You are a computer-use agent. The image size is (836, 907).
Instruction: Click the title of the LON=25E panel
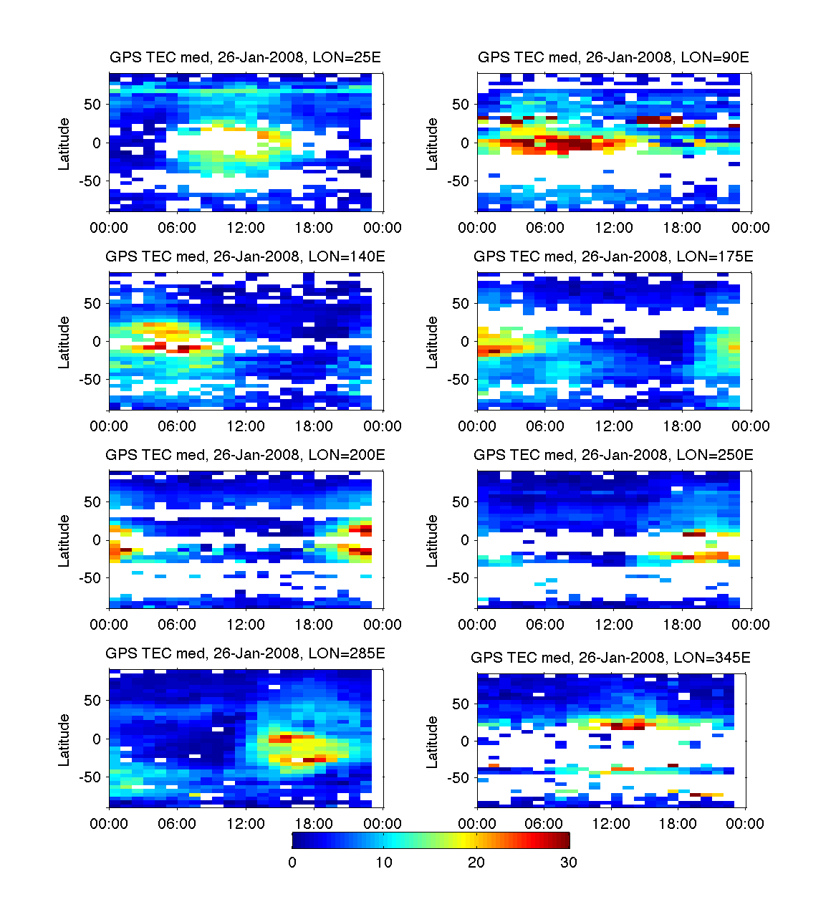(x=245, y=57)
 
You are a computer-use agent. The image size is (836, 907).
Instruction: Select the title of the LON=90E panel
(x=613, y=57)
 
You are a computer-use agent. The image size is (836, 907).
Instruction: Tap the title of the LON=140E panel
(x=245, y=256)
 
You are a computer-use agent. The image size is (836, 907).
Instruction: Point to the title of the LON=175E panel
(x=613, y=256)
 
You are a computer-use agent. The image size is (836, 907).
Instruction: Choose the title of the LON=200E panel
(x=245, y=454)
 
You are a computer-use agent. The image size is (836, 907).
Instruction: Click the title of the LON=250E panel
(x=613, y=454)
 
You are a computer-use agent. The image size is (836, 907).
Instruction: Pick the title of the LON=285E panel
(x=245, y=653)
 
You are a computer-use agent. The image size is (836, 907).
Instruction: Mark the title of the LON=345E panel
(x=610, y=657)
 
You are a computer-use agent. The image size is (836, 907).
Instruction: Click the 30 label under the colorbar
(x=568, y=862)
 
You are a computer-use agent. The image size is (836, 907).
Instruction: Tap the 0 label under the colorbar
(x=292, y=862)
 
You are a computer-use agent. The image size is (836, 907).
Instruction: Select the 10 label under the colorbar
(x=384, y=862)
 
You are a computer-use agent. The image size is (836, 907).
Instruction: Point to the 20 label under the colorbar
(x=476, y=862)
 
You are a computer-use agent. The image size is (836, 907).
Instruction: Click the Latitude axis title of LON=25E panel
(x=64, y=143)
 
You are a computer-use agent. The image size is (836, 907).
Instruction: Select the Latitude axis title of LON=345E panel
(x=432, y=742)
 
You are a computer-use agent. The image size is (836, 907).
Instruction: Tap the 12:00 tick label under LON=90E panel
(x=614, y=228)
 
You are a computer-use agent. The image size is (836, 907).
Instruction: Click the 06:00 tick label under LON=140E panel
(x=177, y=426)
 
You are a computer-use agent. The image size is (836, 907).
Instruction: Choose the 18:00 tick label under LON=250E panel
(x=682, y=625)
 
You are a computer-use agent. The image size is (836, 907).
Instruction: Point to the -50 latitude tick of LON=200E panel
(x=91, y=577)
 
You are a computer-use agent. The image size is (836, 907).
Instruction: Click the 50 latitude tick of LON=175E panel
(x=460, y=304)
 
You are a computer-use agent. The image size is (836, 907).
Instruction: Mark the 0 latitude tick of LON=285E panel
(x=97, y=739)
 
